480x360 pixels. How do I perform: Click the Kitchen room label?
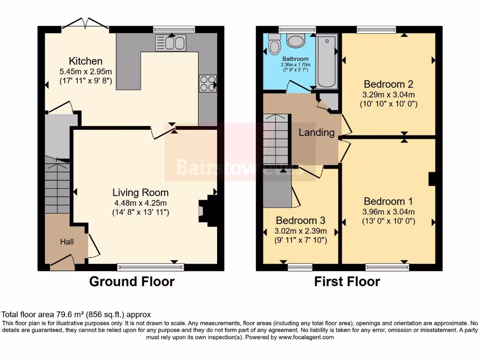coord(85,61)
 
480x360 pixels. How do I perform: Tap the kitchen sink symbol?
coord(171,43)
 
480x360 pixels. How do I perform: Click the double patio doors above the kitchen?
coord(85,23)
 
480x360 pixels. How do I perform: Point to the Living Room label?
coord(140,193)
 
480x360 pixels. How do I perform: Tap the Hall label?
coord(67,242)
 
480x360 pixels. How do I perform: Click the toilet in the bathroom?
coord(274,45)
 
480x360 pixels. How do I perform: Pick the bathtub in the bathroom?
coord(327,61)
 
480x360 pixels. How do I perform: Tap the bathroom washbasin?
coord(296,41)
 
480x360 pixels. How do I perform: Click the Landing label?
coord(316,133)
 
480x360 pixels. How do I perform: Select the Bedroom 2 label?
coord(388,84)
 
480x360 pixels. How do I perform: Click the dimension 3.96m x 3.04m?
coord(388,211)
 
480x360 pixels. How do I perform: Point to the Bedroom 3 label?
coord(300,220)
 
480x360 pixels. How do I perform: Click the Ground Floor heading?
coord(132,282)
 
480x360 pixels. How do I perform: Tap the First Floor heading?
coord(347,282)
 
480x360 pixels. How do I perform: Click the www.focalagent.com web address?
coord(306,337)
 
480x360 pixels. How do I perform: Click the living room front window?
coord(150,267)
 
